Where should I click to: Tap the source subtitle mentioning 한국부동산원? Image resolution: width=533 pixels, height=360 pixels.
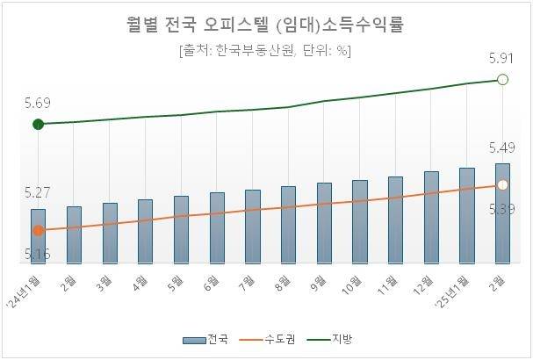point(266,50)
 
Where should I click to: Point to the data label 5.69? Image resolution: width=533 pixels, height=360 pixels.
point(38,104)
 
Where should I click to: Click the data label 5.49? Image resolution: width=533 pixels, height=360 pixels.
point(502,147)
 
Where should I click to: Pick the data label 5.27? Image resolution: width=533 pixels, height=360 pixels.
point(38,191)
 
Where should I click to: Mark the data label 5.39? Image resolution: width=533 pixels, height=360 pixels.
point(502,208)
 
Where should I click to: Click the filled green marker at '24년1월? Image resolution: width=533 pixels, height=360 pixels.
point(38,125)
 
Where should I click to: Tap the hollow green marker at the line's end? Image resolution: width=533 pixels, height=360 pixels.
point(503,80)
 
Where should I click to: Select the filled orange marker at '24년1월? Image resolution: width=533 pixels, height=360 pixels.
point(38,231)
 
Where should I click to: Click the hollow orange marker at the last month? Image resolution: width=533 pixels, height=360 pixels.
point(503,185)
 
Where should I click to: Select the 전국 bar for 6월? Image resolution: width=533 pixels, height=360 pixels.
point(217,228)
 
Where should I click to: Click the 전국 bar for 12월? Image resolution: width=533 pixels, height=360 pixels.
point(431,218)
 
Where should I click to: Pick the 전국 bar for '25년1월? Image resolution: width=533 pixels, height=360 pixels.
point(467,215)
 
